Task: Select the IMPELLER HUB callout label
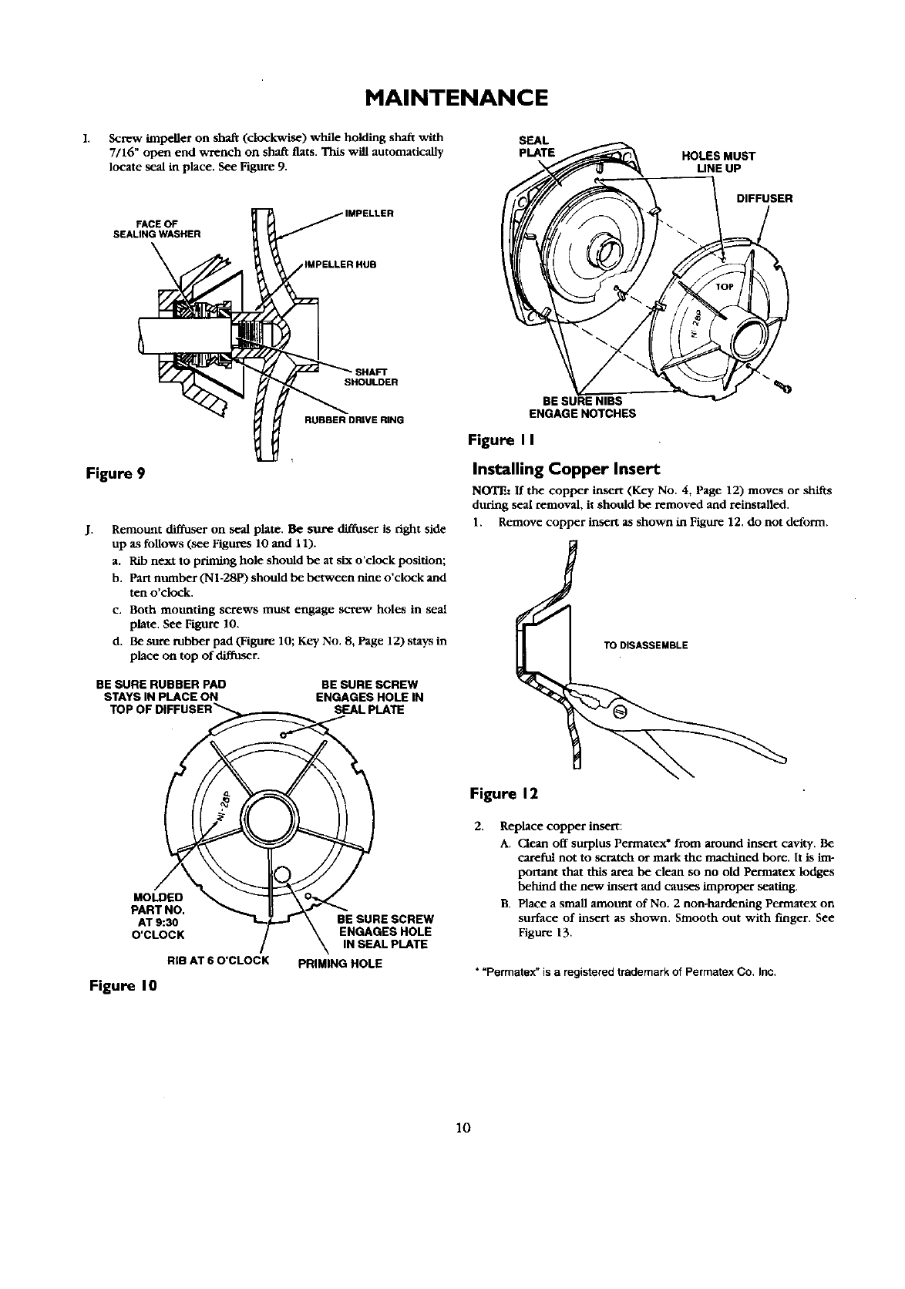tap(339, 264)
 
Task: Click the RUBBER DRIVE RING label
tap(354, 420)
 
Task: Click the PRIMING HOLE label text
tap(340, 963)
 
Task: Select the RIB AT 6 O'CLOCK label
tap(217, 960)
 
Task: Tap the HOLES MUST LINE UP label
tap(718, 161)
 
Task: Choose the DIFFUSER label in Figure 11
tap(765, 198)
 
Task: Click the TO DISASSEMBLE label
tap(645, 645)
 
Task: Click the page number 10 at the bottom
tap(463, 1128)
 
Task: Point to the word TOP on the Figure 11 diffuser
tap(725, 288)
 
